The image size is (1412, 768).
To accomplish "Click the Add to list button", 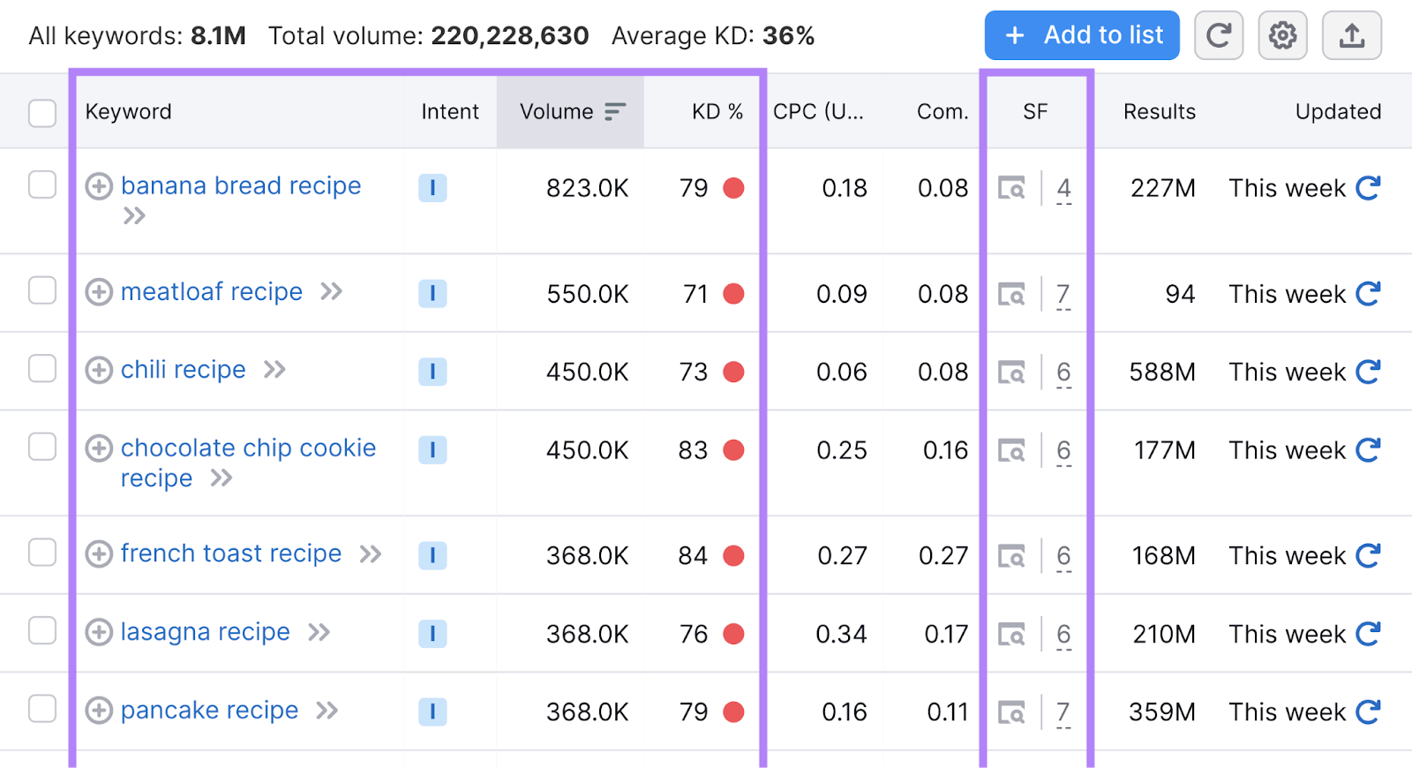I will (1081, 35).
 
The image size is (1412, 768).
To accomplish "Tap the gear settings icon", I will (1282, 35).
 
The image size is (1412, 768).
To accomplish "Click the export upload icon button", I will (1351, 35).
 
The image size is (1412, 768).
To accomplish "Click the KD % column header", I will (717, 112).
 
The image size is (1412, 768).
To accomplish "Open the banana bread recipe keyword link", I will (241, 186).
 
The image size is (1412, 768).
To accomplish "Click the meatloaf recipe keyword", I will (212, 292).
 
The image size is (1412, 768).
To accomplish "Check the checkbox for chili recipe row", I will (42, 369).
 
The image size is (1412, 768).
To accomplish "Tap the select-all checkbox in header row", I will (42, 113).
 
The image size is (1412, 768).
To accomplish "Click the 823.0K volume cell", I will (587, 188).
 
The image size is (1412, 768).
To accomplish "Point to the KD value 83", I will (693, 450).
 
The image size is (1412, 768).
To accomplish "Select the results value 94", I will (1179, 294).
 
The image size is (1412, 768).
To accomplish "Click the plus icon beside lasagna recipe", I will (99, 632).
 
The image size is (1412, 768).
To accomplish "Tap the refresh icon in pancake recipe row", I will (1368, 712).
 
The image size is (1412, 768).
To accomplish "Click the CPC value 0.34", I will (840, 634).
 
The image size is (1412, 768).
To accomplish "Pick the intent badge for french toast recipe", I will (432, 555).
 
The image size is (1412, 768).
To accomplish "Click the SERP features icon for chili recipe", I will (1011, 372).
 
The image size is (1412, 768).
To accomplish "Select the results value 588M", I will (1162, 372).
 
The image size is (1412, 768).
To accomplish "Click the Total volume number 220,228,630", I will (509, 36).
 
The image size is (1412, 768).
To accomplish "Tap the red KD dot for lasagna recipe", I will (733, 634).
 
